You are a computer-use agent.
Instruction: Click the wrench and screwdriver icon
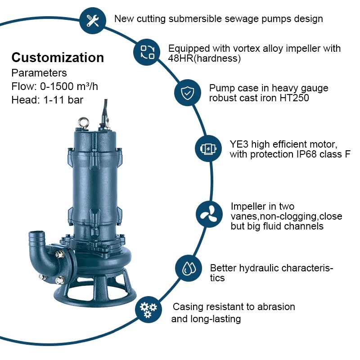93,20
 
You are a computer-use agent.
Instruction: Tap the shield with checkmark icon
187,93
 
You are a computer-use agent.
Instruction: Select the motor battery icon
208,148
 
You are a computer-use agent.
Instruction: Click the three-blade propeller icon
209,214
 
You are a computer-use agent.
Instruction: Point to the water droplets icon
189,268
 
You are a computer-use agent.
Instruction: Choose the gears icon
148,310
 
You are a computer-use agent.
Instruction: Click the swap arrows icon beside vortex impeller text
147,52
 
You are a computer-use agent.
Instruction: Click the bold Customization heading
58,58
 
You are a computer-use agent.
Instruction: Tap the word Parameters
39,73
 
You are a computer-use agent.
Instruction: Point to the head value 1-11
54,100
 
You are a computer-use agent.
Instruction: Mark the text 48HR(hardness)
204,58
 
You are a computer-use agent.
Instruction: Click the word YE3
239,144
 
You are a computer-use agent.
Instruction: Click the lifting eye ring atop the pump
83,122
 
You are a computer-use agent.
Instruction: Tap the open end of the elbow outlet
36,233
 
